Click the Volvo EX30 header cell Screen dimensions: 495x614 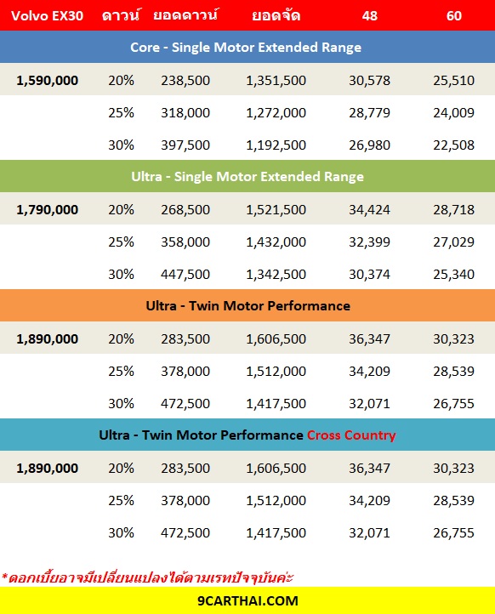pyautogui.click(x=47, y=15)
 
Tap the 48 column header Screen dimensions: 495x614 pyautogui.click(x=369, y=15)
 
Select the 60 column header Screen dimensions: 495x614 pyautogui.click(x=454, y=15)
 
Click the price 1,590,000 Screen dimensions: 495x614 pyautogui.click(x=47, y=80)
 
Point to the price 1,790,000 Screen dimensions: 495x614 pyautogui.click(x=47, y=209)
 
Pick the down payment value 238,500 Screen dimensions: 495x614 pyautogui.click(x=185, y=80)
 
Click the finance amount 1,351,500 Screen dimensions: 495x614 pyautogui.click(x=276, y=80)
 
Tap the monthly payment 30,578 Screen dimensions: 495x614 pyautogui.click(x=369, y=80)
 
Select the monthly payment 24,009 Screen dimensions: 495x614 pyautogui.click(x=453, y=113)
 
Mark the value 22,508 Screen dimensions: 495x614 pyautogui.click(x=453, y=145)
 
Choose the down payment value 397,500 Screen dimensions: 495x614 pyautogui.click(x=185, y=145)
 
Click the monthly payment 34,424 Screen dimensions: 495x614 pyautogui.click(x=369, y=209)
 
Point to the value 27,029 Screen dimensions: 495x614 pyautogui.click(x=453, y=242)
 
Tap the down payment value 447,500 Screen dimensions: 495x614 pyautogui.click(x=185, y=274)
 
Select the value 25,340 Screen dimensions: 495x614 pyautogui.click(x=453, y=274)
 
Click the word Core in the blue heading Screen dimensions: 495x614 pyautogui.click(x=145, y=48)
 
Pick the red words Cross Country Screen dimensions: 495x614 pyautogui.click(x=351, y=435)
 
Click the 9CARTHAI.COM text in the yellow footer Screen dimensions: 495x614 pyautogui.click(x=247, y=600)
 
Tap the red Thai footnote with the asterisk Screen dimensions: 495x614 pyautogui.click(x=147, y=577)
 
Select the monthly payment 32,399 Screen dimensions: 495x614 pyautogui.click(x=369, y=242)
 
